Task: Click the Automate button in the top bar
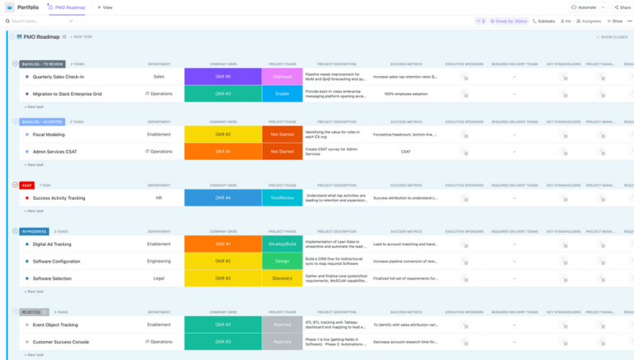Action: click(584, 7)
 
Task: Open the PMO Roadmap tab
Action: click(69, 7)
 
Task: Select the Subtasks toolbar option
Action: click(544, 21)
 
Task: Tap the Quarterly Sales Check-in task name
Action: click(59, 77)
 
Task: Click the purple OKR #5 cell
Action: click(223, 77)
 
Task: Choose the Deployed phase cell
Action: click(282, 77)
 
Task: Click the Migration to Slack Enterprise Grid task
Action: click(67, 94)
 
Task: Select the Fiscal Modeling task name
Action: click(49, 134)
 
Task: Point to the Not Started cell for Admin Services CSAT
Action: click(282, 152)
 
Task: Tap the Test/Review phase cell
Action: click(282, 198)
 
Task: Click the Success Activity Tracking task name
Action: click(59, 198)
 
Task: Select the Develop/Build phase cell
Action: click(282, 244)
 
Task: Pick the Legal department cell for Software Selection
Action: click(158, 279)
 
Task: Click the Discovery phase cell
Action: click(282, 279)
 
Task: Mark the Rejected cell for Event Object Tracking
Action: click(282, 324)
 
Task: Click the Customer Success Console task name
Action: click(60, 342)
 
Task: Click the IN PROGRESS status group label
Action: click(35, 232)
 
